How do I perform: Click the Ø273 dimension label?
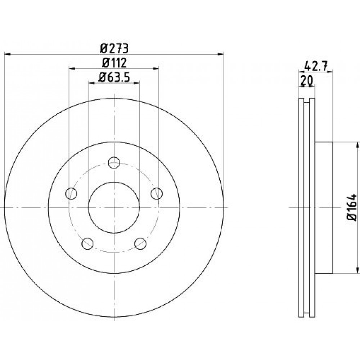pyautogui.click(x=114, y=48)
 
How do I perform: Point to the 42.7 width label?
pyautogui.click(x=315, y=67)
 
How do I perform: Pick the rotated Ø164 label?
pyautogui.click(x=352, y=208)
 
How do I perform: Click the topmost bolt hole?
pyautogui.click(x=114, y=163)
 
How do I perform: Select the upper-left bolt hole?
pyautogui.click(x=71, y=193)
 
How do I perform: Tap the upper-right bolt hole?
pyautogui.click(x=157, y=193)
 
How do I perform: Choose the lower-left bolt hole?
pyautogui.click(x=87, y=244)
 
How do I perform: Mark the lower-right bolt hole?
pyautogui.click(x=140, y=244)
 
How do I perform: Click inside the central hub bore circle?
pyautogui.click(x=114, y=208)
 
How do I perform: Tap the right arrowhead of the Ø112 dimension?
pyautogui.click(x=156, y=68)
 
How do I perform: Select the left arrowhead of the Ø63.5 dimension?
pyautogui.click(x=91, y=83)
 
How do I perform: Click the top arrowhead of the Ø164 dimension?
pyautogui.click(x=357, y=145)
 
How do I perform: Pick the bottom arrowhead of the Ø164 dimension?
pyautogui.click(x=357, y=270)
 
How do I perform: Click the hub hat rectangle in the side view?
pyautogui.click(x=324, y=208)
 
